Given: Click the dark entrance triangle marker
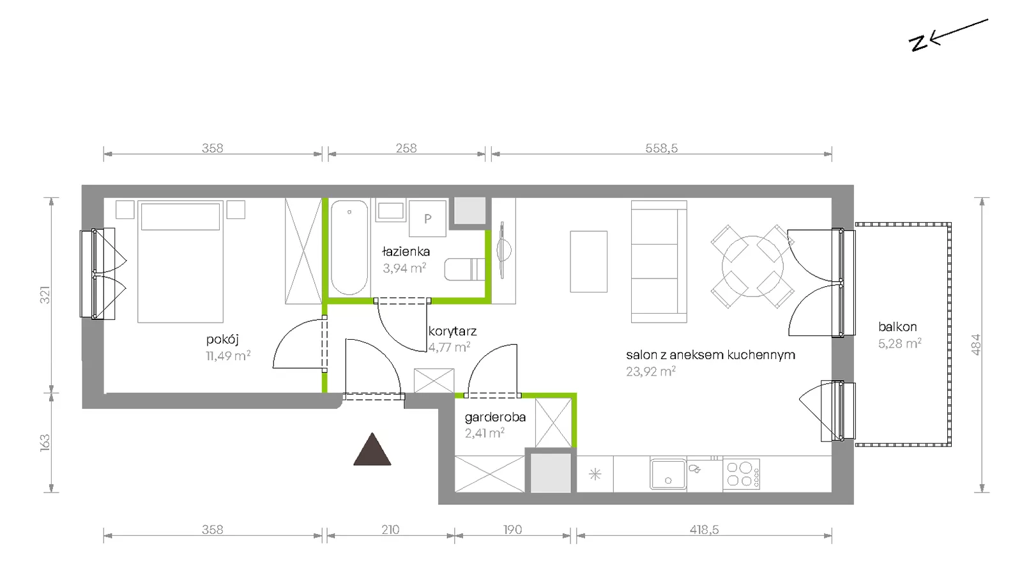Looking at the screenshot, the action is pos(372,450).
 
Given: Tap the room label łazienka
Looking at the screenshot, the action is pos(406,252).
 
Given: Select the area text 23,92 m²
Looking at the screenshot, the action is pos(651,372).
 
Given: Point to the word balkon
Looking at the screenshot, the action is pos(897,327).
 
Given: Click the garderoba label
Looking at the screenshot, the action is pos(495,417).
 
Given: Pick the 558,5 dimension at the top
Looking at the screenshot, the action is pos(662,148).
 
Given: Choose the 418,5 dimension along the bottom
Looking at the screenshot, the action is pos(704,530).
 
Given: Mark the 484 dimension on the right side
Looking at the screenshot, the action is pos(975,344).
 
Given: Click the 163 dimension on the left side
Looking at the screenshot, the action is pos(45,443).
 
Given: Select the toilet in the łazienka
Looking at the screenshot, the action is pos(464,269).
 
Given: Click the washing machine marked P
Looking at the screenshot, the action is pos(427,218).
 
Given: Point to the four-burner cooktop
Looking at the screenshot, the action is pos(741,474).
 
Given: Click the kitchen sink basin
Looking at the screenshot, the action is pos(668,474).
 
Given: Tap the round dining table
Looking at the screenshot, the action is pos(752,266).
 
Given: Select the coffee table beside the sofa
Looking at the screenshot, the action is pos(588,261).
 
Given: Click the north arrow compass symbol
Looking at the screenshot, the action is pos(949,35).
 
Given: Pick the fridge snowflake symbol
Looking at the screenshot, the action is pos(595,475).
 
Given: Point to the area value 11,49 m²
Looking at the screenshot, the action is pos(228,356).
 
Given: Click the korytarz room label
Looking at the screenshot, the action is pos(452,332).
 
